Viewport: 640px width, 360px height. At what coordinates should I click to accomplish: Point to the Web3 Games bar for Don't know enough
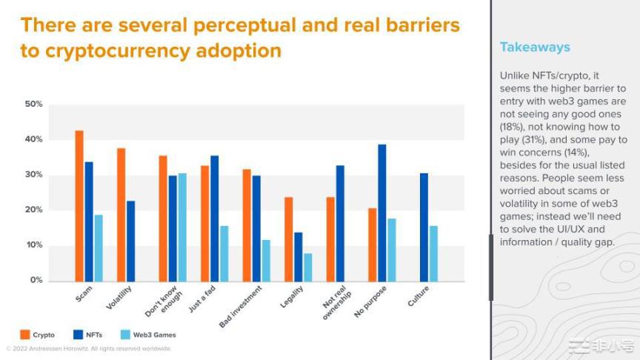point(182,227)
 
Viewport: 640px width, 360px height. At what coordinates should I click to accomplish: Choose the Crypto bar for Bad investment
point(247,225)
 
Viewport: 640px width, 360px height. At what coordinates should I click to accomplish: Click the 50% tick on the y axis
point(33,104)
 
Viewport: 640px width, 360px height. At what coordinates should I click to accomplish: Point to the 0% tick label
point(36,281)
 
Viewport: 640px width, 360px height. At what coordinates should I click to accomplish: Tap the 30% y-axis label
point(33,175)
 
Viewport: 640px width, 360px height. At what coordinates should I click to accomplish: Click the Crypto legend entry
point(43,335)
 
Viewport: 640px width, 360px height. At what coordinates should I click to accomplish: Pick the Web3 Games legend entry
point(153,335)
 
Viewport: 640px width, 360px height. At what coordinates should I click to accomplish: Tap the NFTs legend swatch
point(79,335)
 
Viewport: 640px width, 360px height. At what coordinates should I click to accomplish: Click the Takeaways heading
point(535,47)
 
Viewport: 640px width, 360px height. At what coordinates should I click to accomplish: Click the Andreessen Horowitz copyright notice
point(89,348)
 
